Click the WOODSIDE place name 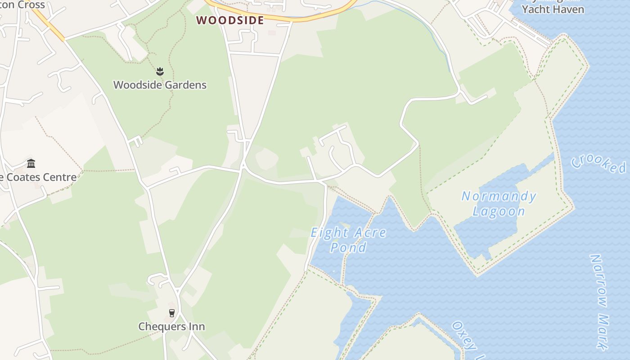[x=230, y=20]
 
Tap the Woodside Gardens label [x=160, y=85]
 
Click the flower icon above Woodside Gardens [x=160, y=71]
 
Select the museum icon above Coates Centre [x=31, y=163]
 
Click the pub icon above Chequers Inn [x=171, y=313]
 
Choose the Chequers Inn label [x=171, y=327]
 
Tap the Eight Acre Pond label [x=348, y=240]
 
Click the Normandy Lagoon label [x=499, y=204]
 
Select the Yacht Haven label [x=553, y=9]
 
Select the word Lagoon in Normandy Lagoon [x=499, y=211]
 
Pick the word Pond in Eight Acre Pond [x=348, y=247]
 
